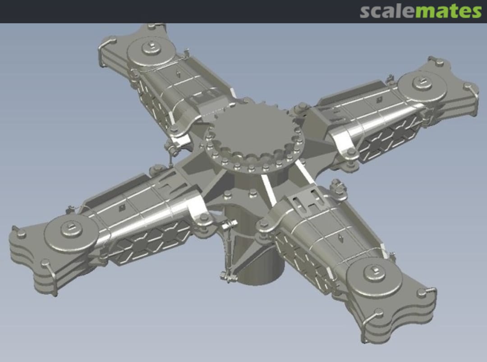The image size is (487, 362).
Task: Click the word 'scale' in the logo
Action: click(x=387, y=11)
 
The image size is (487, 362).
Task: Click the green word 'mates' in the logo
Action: click(x=448, y=11)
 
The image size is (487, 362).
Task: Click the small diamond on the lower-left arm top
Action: click(x=122, y=207)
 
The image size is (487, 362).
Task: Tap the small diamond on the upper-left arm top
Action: click(x=179, y=74)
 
